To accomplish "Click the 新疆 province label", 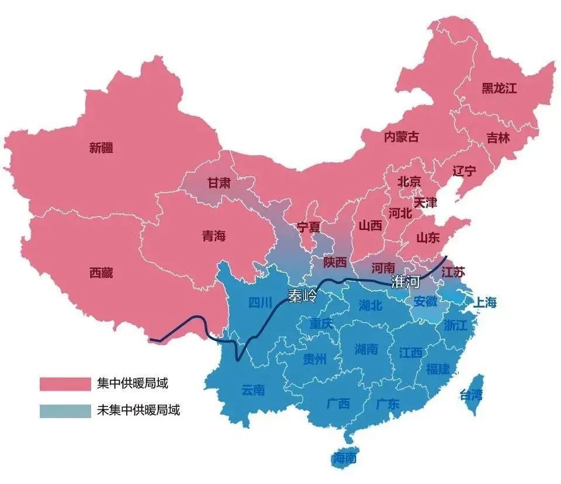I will pyautogui.click(x=101, y=148).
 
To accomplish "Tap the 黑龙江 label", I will pyautogui.click(x=500, y=89).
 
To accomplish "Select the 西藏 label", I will pyautogui.click(x=101, y=273).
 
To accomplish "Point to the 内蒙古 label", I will pyautogui.click(x=401, y=137).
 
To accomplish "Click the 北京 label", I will pyautogui.click(x=409, y=182).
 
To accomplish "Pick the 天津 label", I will pyautogui.click(x=425, y=203).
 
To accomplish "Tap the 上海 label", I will pyautogui.click(x=484, y=302).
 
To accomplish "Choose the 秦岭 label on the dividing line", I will pyautogui.click(x=303, y=296).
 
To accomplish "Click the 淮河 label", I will pyautogui.click(x=406, y=282).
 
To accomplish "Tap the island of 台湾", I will pyautogui.click(x=472, y=395).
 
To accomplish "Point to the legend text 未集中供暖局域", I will pyautogui.click(x=138, y=410).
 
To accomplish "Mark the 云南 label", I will pyautogui.click(x=254, y=390).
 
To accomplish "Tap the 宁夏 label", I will pyautogui.click(x=310, y=225).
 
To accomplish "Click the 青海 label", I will pyautogui.click(x=214, y=236).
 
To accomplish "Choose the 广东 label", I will pyautogui.click(x=387, y=403).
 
